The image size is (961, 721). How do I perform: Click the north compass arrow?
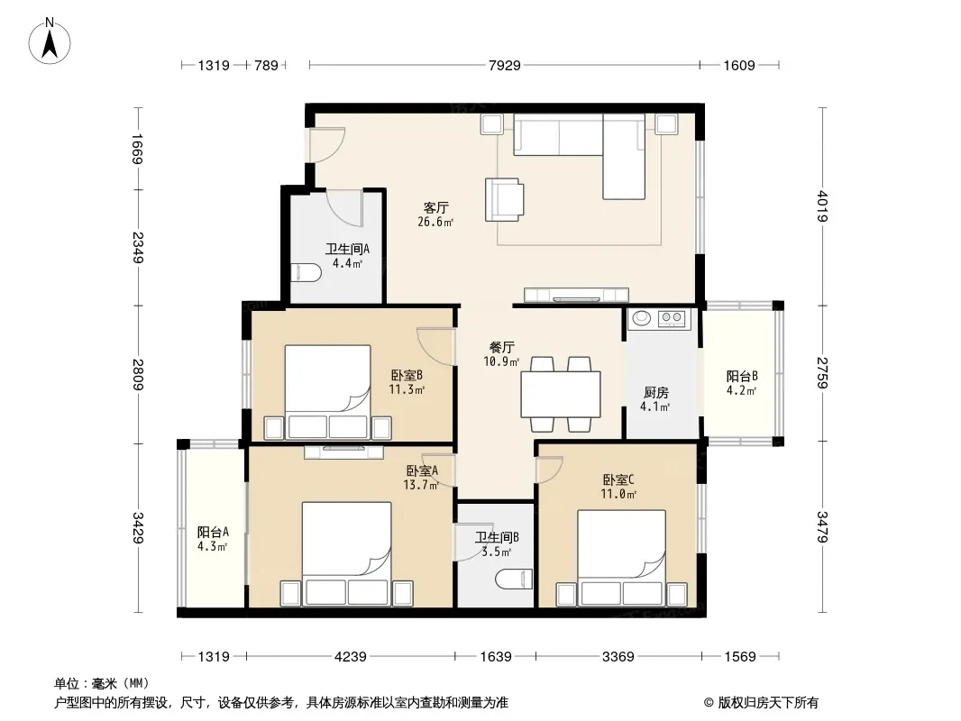[50, 44]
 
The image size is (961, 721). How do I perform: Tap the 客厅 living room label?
[435, 207]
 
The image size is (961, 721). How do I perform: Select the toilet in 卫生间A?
[306, 272]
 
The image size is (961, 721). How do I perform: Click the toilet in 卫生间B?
[514, 579]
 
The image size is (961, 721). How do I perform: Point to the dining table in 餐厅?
[560, 394]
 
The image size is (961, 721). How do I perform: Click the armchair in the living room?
[505, 199]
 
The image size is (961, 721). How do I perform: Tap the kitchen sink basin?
[642, 318]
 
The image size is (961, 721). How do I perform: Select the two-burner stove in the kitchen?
[672, 318]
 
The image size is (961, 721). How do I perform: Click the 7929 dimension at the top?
[505, 65]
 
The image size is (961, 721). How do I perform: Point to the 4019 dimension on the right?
[822, 206]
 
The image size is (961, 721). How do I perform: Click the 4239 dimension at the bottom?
[350, 657]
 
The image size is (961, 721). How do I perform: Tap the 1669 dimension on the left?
[137, 148]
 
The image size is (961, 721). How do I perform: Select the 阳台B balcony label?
[742, 376]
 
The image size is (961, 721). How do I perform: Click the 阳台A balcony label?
[213, 532]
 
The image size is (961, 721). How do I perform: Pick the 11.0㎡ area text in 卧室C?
[618, 494]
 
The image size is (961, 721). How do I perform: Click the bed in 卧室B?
[328, 392]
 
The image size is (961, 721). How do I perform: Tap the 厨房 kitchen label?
[655, 392]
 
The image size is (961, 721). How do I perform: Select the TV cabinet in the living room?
[576, 296]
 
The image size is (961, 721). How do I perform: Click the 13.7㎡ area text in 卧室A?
[420, 485]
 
